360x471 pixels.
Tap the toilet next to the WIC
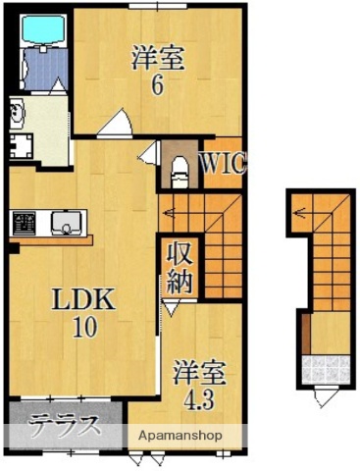pos(177,173)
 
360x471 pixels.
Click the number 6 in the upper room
pos(156,84)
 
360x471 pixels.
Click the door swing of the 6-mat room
pos(118,126)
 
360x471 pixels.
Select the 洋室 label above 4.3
pos(200,373)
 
